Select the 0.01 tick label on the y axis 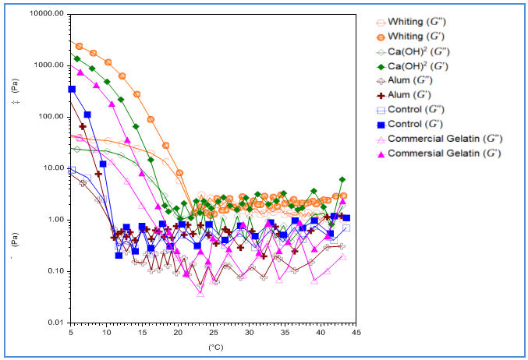click(55, 322)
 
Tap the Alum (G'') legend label click(414, 80)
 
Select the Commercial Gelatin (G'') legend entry click(445, 139)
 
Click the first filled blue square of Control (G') click(72, 90)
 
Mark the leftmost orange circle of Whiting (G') click(79, 47)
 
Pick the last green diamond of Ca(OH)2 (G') click(342, 180)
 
